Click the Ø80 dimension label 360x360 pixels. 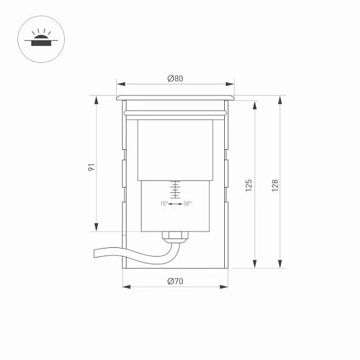pyautogui.click(x=175, y=79)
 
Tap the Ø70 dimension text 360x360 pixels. pyautogui.click(x=175, y=281)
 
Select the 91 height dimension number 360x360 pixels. pyautogui.click(x=92, y=167)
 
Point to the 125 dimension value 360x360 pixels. pyautogui.click(x=248, y=185)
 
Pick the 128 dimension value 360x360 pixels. pyautogui.click(x=275, y=185)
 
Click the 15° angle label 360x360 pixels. pyautogui.click(x=164, y=203)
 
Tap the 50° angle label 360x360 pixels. pyautogui.click(x=187, y=203)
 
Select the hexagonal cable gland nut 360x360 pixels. pyautogui.click(x=175, y=235)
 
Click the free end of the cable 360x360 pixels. pyautogui.click(x=94, y=254)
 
